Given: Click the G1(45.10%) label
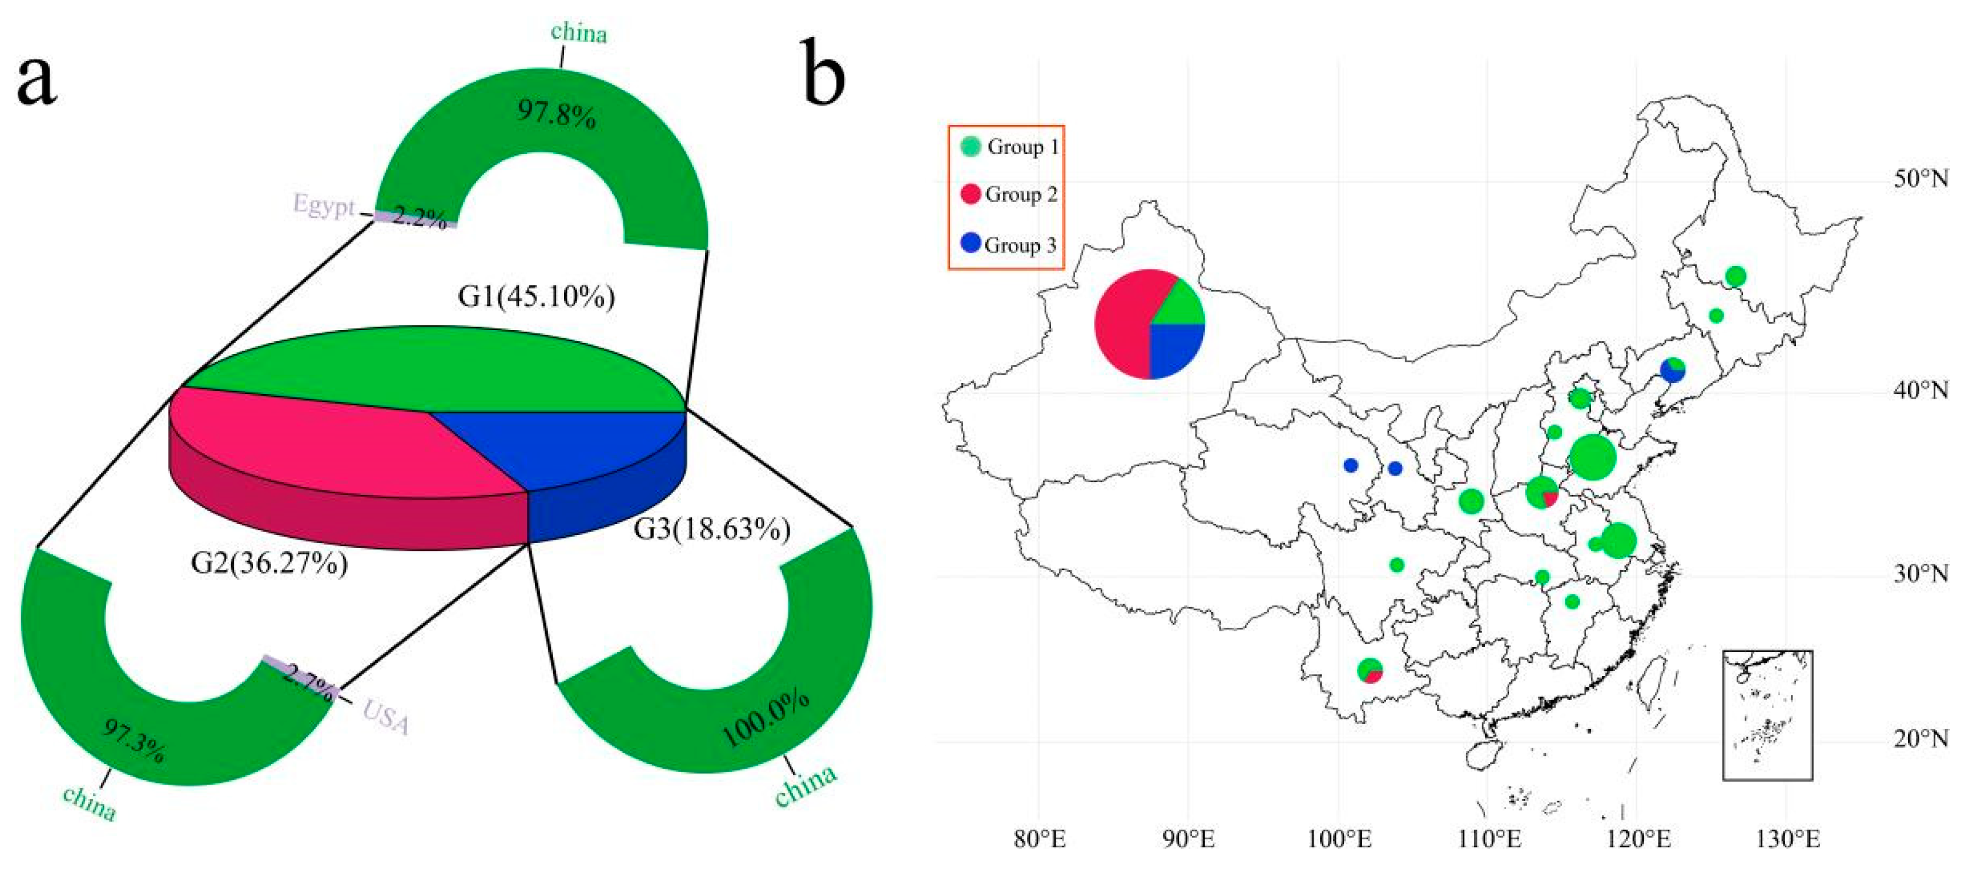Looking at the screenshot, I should [536, 297].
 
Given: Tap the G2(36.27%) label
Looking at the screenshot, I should [268, 564].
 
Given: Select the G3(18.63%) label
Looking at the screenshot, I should [711, 529].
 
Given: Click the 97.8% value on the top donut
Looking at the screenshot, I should [556, 115].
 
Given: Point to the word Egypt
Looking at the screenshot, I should [324, 205].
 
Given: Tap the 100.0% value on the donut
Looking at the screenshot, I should [765, 719].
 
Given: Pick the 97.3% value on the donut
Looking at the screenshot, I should [134, 741].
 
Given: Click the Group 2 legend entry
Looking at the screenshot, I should [1009, 194].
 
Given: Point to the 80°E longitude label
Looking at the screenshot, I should [1040, 840].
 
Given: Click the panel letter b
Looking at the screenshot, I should [824, 76].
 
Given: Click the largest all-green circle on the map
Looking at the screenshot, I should [1592, 457].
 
